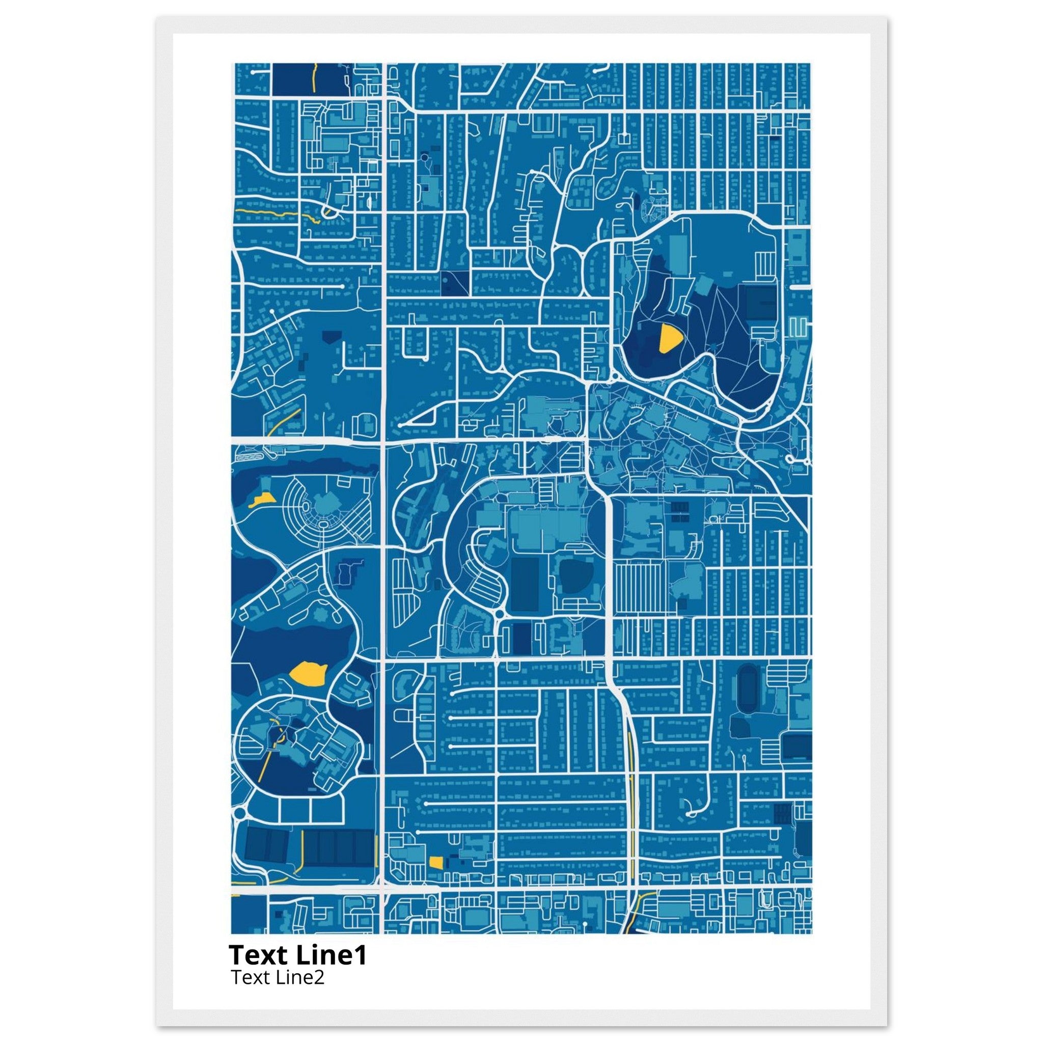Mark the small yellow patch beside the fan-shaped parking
point(261,500)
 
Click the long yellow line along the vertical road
point(632,810)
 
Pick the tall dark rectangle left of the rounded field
point(525,584)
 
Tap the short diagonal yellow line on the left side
point(285,422)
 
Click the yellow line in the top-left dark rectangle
point(313,77)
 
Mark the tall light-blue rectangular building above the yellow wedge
point(678,256)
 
